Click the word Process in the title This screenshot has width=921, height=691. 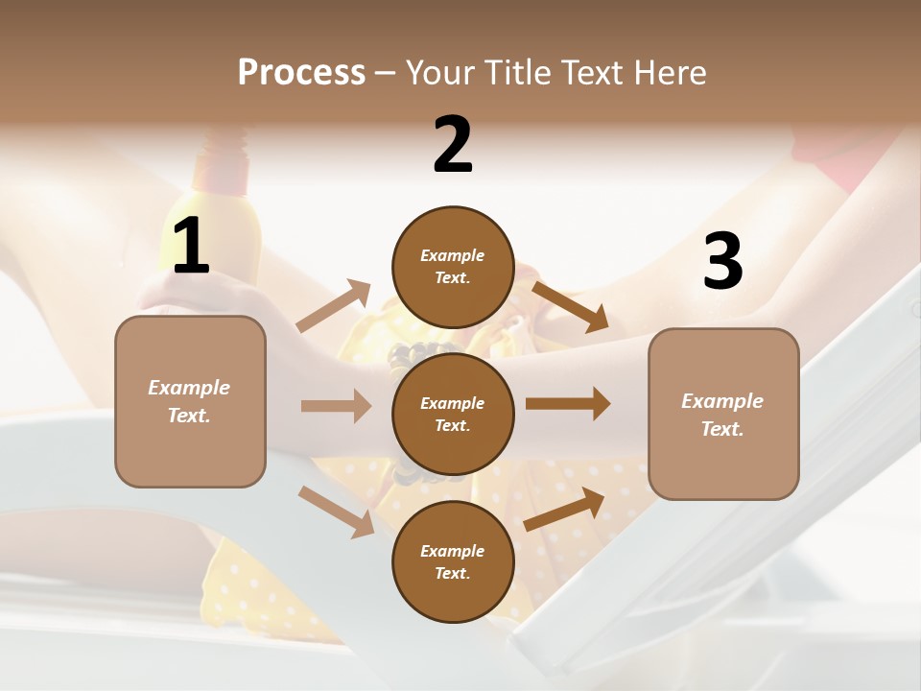pyautogui.click(x=301, y=72)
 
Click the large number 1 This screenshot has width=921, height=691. pyautogui.click(x=191, y=247)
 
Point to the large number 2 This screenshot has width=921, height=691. pyautogui.click(x=453, y=145)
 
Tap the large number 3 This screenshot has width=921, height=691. pyautogui.click(x=722, y=262)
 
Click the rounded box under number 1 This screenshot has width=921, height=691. pyautogui.click(x=190, y=401)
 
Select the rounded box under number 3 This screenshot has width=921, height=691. pyautogui.click(x=723, y=414)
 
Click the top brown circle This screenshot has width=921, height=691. pyautogui.click(x=453, y=267)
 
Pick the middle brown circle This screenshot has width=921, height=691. pyautogui.click(x=453, y=414)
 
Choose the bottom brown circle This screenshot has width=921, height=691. pyautogui.click(x=453, y=561)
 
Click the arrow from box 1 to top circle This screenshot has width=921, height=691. pyautogui.click(x=334, y=306)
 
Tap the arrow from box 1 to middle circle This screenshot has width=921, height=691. pyautogui.click(x=336, y=406)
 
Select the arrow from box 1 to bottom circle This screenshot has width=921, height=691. pyautogui.click(x=336, y=511)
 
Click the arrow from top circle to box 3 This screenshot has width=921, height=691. pyautogui.click(x=570, y=306)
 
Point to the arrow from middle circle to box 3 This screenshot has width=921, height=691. pyautogui.click(x=568, y=404)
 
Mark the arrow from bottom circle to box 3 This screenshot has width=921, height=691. pyautogui.click(x=564, y=509)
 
